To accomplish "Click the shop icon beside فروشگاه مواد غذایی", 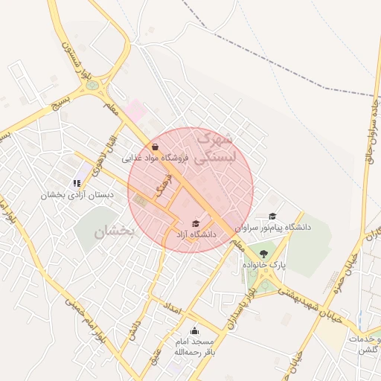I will point(154,147).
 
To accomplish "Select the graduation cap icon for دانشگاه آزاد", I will point(196,223).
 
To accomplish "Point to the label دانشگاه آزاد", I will point(196,234).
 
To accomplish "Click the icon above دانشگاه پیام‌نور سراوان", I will point(273,216).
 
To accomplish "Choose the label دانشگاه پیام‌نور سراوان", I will point(273,226).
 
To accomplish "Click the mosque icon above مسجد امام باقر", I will point(194,330).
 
